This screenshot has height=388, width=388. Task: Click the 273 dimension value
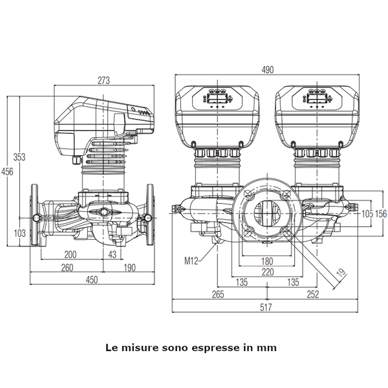(x=103, y=80)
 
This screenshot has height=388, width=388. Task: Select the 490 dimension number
(x=268, y=70)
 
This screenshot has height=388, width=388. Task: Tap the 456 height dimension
(x=7, y=171)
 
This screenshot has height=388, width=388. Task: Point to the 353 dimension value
(x=19, y=157)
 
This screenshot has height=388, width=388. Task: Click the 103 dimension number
(x=19, y=233)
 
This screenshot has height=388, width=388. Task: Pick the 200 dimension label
(x=70, y=254)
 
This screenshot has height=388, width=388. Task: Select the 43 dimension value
(x=113, y=254)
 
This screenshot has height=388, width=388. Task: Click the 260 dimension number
(x=67, y=268)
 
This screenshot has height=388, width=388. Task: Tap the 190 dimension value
(x=130, y=268)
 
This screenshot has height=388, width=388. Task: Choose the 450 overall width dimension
(x=92, y=279)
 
